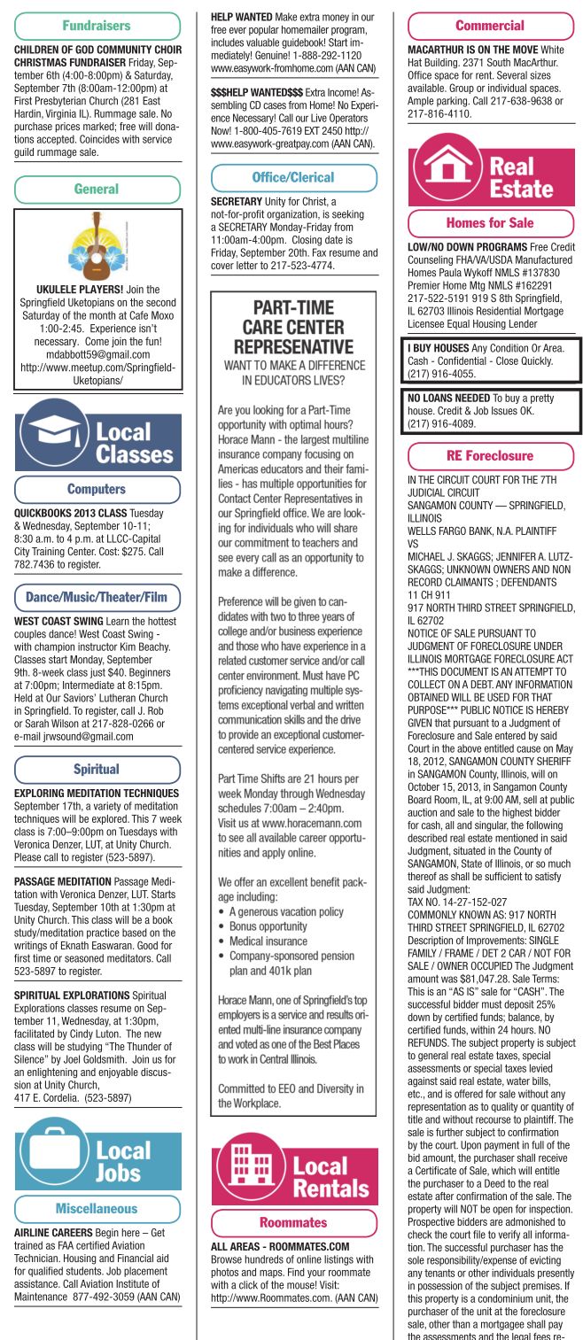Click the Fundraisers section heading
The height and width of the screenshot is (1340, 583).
point(97,26)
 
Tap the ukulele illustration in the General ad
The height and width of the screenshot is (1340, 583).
point(97,244)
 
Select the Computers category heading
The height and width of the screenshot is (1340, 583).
point(97,489)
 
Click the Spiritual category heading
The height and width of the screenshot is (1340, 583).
point(97,770)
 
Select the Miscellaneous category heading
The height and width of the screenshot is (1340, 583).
point(97,1208)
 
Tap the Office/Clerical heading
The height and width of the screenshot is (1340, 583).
point(292,177)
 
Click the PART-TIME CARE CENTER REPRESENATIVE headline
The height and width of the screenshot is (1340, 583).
point(293,327)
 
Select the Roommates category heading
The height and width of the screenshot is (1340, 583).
point(292,1222)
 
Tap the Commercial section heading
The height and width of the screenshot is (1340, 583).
point(489,26)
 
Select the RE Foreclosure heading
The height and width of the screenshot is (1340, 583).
point(489,456)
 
